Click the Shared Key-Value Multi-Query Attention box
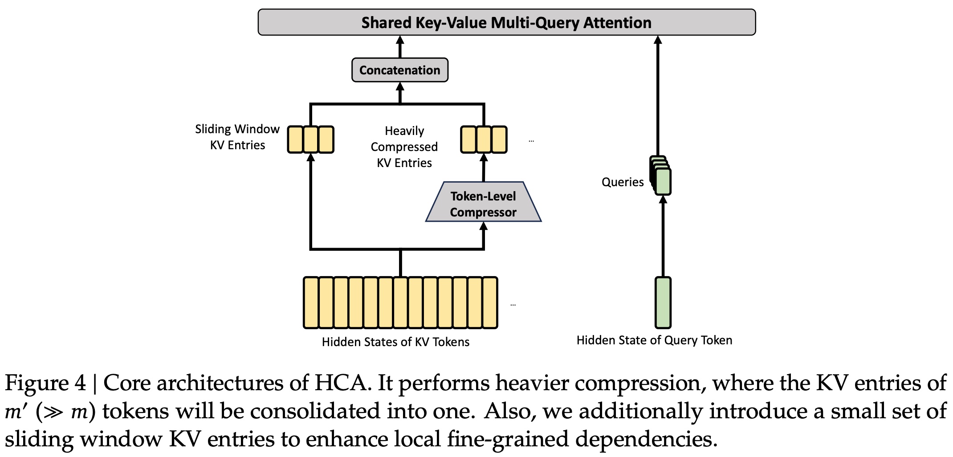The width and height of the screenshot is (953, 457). pyautogui.click(x=506, y=22)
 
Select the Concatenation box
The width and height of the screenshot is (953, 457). pyautogui.click(x=399, y=70)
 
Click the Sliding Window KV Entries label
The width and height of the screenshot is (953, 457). pyautogui.click(x=237, y=137)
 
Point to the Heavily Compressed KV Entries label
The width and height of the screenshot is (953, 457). pyautogui.click(x=404, y=147)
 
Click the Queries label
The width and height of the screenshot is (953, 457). pyautogui.click(x=622, y=182)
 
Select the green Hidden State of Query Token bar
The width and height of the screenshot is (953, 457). pyautogui.click(x=663, y=302)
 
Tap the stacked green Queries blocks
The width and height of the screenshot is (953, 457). pyautogui.click(x=662, y=177)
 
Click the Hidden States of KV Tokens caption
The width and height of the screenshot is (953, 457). pyautogui.click(x=395, y=342)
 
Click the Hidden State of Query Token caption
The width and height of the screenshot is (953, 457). pyautogui.click(x=654, y=340)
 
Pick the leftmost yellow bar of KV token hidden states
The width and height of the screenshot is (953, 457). pyautogui.click(x=311, y=302)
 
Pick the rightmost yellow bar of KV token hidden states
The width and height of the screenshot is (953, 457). pyautogui.click(x=490, y=302)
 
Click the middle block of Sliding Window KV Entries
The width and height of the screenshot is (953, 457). pyautogui.click(x=310, y=139)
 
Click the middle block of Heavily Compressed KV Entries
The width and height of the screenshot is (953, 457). pyautogui.click(x=483, y=139)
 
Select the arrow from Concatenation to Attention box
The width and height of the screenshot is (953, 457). pyautogui.click(x=400, y=47)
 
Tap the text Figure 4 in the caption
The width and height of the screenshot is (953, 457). pyautogui.click(x=45, y=383)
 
